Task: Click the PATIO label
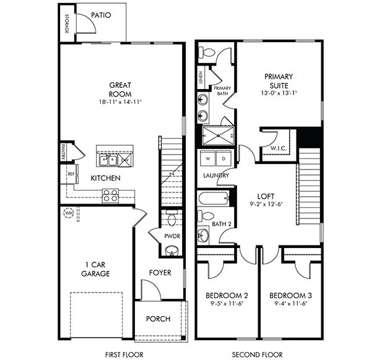click(100, 15)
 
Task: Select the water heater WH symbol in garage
click(67, 213)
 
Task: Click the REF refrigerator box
click(71, 175)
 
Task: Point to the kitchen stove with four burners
click(110, 195)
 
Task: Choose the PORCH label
click(158, 319)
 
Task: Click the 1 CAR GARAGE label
click(97, 268)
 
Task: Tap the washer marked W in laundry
click(207, 159)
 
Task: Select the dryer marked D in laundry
click(222, 159)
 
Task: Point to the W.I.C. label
click(277, 148)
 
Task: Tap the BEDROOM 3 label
click(289, 295)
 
